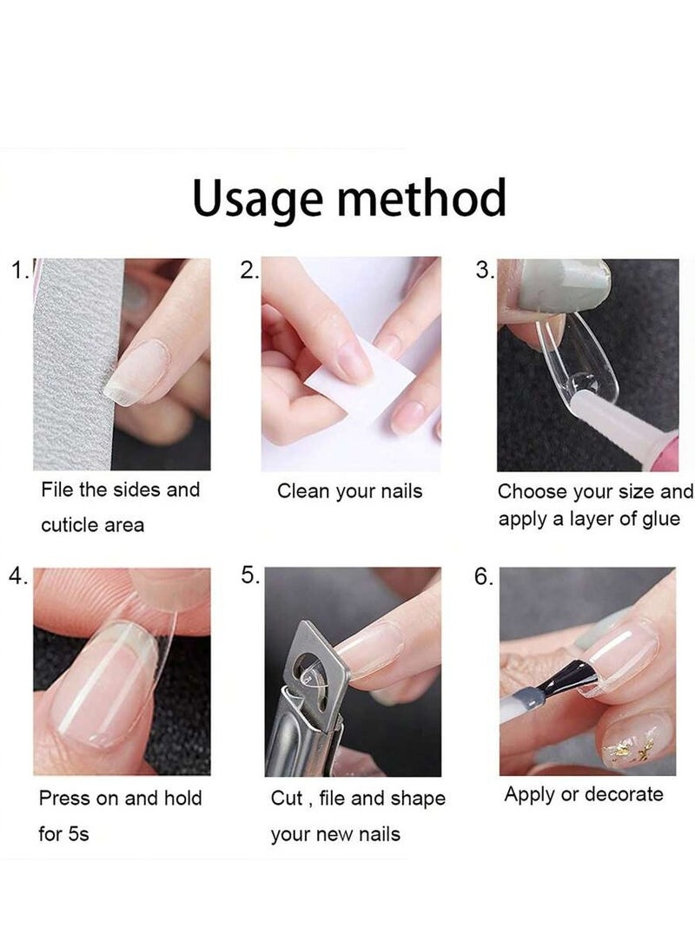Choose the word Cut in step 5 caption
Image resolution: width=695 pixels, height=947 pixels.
287,798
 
